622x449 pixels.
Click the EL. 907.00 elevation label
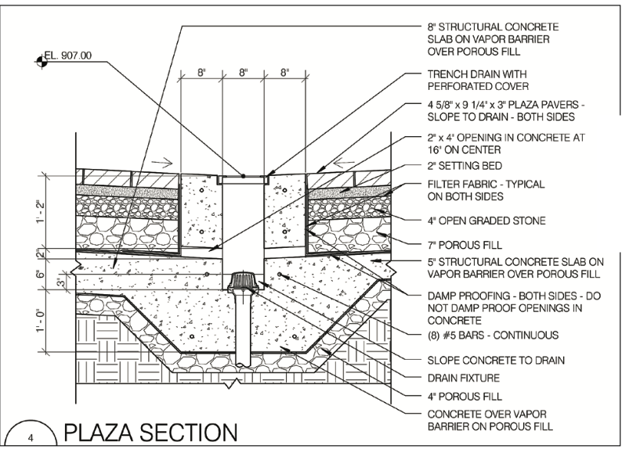click(70, 56)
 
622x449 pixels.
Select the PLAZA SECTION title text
click(151, 432)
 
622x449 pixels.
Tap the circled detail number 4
click(31, 436)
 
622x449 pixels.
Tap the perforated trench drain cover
click(243, 178)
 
